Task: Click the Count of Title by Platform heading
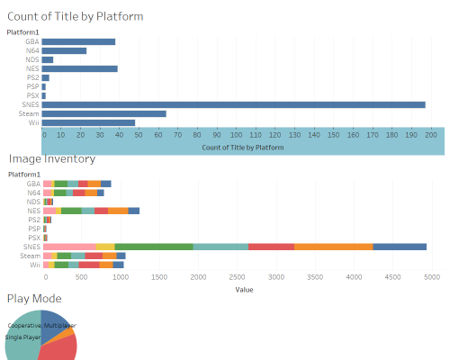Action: (75, 16)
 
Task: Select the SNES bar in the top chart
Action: (233, 104)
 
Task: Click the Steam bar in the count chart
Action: (103, 113)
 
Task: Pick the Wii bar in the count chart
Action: (88, 122)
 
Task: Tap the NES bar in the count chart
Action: (79, 68)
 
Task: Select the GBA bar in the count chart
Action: (78, 41)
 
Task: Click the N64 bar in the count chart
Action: (64, 50)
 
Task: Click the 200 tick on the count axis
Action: (430, 135)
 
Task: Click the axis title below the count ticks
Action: (238, 147)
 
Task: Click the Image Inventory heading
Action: (51, 159)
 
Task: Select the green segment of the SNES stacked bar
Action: (154, 247)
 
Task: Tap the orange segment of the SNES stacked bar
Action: (333, 247)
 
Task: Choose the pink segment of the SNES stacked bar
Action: (69, 247)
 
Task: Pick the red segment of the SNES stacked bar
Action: (271, 247)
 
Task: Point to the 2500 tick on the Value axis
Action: (238, 278)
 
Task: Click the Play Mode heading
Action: (35, 298)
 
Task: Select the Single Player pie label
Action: (24, 337)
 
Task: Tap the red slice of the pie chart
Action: (59, 347)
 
